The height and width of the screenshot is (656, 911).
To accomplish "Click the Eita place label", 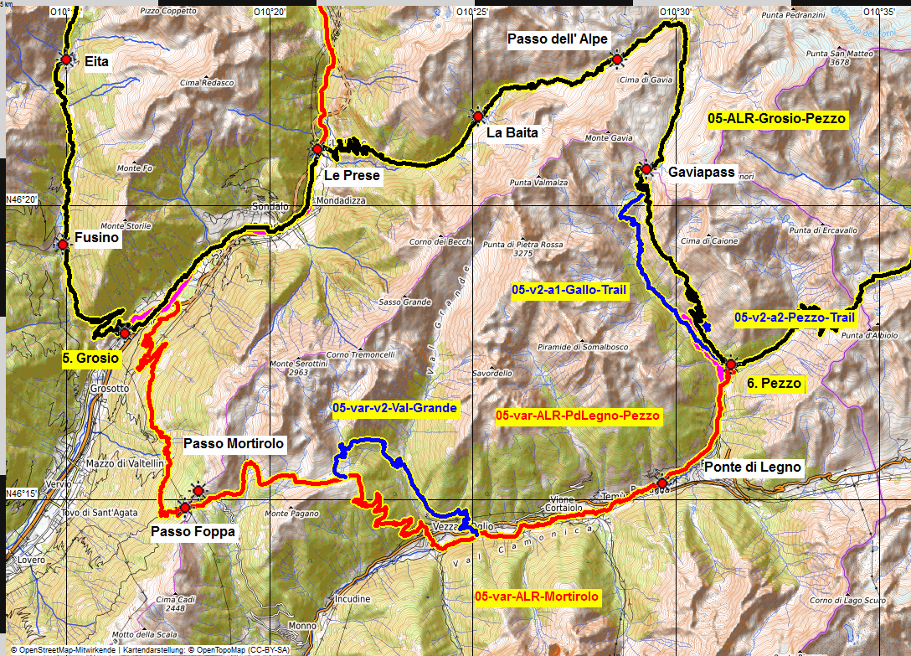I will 96,61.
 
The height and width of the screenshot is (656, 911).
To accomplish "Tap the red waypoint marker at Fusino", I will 63,245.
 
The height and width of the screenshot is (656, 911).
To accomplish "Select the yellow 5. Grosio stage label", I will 90,358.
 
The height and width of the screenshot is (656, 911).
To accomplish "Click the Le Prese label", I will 351,176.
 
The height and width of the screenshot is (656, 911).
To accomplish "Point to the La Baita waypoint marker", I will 477,116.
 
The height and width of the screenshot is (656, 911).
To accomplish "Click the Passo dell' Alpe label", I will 558,39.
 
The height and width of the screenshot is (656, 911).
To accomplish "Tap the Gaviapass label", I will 701,173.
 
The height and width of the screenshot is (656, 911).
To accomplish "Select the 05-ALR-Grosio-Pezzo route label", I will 776,119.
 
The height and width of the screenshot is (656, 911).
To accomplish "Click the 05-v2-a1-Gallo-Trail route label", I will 569,290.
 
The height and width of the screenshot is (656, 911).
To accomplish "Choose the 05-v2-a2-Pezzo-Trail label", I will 794,318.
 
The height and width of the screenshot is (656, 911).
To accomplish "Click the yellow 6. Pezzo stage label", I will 774,384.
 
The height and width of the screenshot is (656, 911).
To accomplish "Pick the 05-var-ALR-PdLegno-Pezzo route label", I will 578,416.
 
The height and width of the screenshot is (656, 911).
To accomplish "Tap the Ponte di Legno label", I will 753,467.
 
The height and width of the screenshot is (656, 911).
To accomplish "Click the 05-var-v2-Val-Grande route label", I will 394,409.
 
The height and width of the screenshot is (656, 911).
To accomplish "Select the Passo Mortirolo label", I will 234,443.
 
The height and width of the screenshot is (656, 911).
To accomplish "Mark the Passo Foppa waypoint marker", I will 184,507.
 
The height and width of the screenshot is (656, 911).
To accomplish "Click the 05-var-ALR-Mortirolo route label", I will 536,597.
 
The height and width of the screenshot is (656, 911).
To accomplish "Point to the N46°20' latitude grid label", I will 22,199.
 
